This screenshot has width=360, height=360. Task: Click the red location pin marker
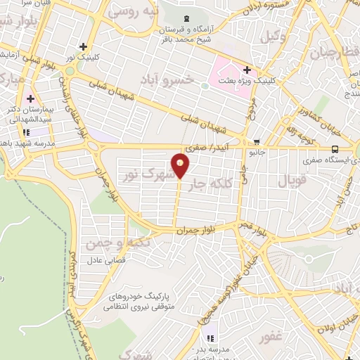(x=181, y=165)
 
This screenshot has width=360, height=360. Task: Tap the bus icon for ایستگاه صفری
(x=335, y=149)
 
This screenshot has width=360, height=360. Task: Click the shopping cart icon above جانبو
(x=255, y=142)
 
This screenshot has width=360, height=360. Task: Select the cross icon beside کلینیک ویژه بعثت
(x=247, y=70)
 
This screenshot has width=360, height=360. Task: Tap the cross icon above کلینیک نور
(x=83, y=46)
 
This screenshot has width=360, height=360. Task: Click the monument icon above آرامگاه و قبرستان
(x=185, y=18)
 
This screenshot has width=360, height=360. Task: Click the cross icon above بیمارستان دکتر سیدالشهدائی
(x=30, y=98)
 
